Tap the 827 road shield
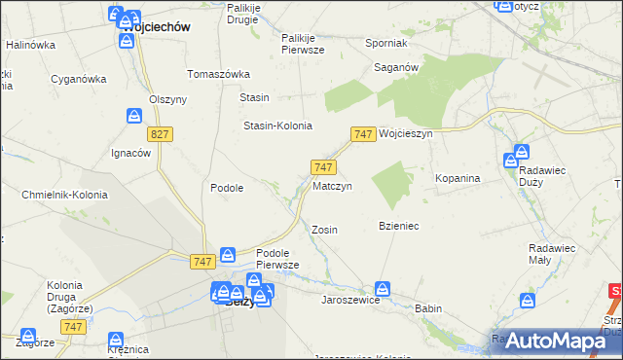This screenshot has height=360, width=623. (161, 132)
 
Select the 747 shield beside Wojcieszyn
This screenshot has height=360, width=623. (363, 133)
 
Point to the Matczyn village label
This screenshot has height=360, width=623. (332, 185)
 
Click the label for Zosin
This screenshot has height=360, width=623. (324, 230)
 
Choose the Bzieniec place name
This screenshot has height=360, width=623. (398, 226)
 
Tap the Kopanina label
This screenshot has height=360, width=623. (458, 179)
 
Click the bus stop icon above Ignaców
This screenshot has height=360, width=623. (134, 117)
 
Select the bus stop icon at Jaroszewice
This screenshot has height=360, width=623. (384, 289)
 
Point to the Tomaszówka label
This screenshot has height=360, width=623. (219, 74)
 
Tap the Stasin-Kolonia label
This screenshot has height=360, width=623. (277, 126)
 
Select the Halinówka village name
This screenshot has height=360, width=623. (30, 45)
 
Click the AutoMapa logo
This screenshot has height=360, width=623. (555, 340)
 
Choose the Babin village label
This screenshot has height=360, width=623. (427, 308)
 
